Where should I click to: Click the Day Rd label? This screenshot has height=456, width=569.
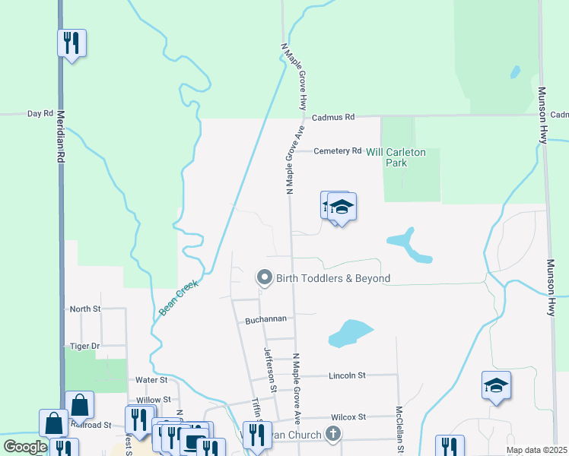40,114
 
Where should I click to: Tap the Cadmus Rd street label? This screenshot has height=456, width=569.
333,118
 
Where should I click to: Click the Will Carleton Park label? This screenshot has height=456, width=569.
396,157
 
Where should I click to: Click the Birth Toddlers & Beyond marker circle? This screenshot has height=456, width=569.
265,278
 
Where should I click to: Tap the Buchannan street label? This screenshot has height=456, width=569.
265,321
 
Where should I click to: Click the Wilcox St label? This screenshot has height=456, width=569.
348,417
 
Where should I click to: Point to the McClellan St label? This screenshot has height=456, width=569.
399,430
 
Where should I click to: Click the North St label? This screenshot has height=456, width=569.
85,309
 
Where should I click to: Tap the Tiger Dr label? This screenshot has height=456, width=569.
84,346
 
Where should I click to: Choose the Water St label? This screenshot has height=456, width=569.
151,379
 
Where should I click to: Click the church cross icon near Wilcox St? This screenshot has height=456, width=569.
332,434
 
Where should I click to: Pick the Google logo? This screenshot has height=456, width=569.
25,447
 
